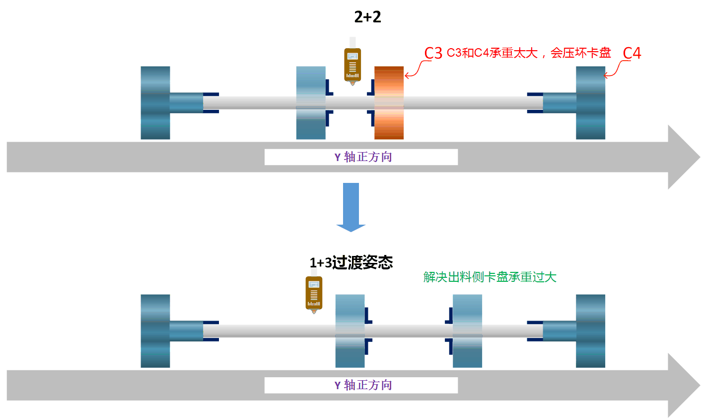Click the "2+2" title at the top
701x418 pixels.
pos(367,17)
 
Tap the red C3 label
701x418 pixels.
pos(433,53)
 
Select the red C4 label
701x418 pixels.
pos(631,53)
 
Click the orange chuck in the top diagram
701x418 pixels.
pos(389,103)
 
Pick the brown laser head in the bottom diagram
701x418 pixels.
pos(314,293)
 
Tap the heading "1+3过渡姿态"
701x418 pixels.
pos(351,262)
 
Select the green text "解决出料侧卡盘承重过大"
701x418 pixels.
pos(490,277)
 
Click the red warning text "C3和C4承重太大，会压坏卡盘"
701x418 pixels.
pos(529,53)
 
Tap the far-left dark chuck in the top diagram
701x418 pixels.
pos(155,103)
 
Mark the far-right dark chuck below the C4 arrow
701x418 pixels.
pos(590,103)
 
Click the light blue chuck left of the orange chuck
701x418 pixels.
pos(311,103)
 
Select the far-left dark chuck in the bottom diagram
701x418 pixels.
pos(155,331)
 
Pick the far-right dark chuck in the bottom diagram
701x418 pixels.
pos(590,331)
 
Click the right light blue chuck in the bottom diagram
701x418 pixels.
pos(467,331)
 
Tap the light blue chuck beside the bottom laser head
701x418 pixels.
pos(350,331)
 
